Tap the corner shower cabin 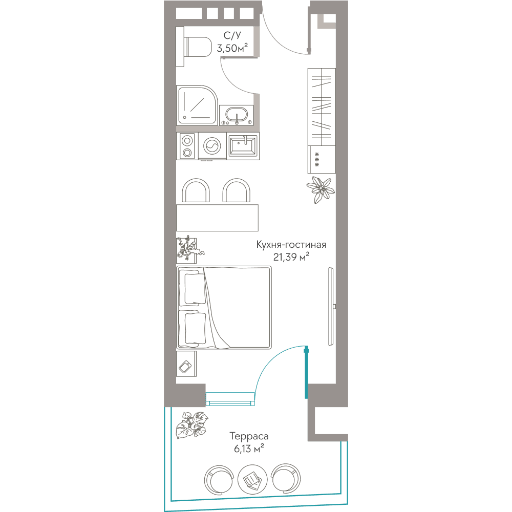point(197,105)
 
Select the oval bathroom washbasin point(237,115)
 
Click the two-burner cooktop point(187,146)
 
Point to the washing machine point(212,146)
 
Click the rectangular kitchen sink point(243,146)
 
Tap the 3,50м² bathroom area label point(232,48)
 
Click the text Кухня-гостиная point(291,245)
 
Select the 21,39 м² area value point(291,258)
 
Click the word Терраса point(249,436)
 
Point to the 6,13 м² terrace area point(249,449)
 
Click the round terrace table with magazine point(252,479)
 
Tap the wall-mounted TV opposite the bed point(331,306)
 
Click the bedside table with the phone point(186,364)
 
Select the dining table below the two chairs point(218,218)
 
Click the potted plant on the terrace point(192,425)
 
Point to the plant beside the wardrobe point(321,189)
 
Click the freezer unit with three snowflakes point(322,159)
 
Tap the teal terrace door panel point(306,373)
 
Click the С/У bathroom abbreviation point(232,35)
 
